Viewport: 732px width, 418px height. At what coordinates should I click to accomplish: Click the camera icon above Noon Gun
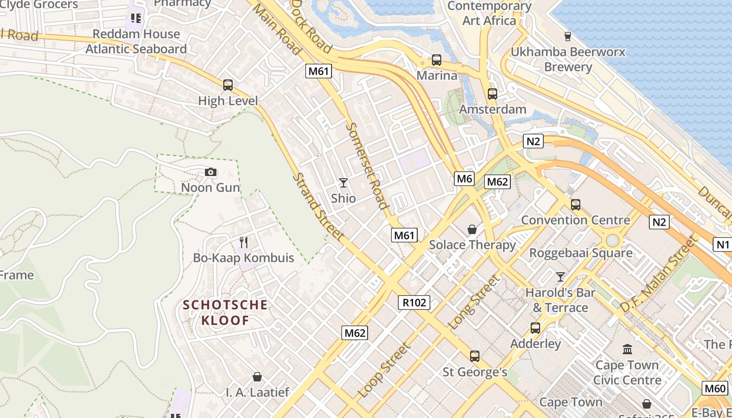tap(211, 172)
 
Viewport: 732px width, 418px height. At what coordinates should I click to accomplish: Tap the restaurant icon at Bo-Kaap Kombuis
tap(243, 242)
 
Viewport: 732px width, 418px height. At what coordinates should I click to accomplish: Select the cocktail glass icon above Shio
tap(343, 182)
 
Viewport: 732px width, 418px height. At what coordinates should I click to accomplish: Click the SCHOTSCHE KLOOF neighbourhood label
tap(225, 312)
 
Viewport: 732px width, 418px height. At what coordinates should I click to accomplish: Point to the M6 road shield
tap(464, 179)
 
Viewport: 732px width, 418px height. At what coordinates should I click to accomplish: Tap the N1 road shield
tap(722, 244)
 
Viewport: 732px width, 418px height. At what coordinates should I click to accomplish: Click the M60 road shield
tap(715, 388)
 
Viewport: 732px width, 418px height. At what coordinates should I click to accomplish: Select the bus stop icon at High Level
tap(228, 85)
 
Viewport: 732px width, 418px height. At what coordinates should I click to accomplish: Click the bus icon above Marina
tap(437, 60)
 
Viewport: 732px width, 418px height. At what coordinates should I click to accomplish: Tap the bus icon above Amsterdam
tap(492, 94)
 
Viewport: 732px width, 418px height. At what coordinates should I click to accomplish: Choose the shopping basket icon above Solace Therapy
tap(472, 229)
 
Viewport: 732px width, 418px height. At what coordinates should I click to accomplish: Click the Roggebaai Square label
tap(581, 253)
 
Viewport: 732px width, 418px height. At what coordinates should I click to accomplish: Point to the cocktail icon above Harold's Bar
tap(561, 276)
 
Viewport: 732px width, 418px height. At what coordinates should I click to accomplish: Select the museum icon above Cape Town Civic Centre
tap(627, 349)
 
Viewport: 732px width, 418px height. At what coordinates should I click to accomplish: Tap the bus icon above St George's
tap(475, 356)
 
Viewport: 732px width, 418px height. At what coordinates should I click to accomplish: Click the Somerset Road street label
tap(369, 166)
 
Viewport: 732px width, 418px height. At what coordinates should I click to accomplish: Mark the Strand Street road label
tap(317, 206)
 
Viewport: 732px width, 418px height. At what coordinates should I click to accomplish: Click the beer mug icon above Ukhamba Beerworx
tap(567, 36)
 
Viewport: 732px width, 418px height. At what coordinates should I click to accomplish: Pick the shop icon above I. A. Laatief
tap(257, 376)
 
